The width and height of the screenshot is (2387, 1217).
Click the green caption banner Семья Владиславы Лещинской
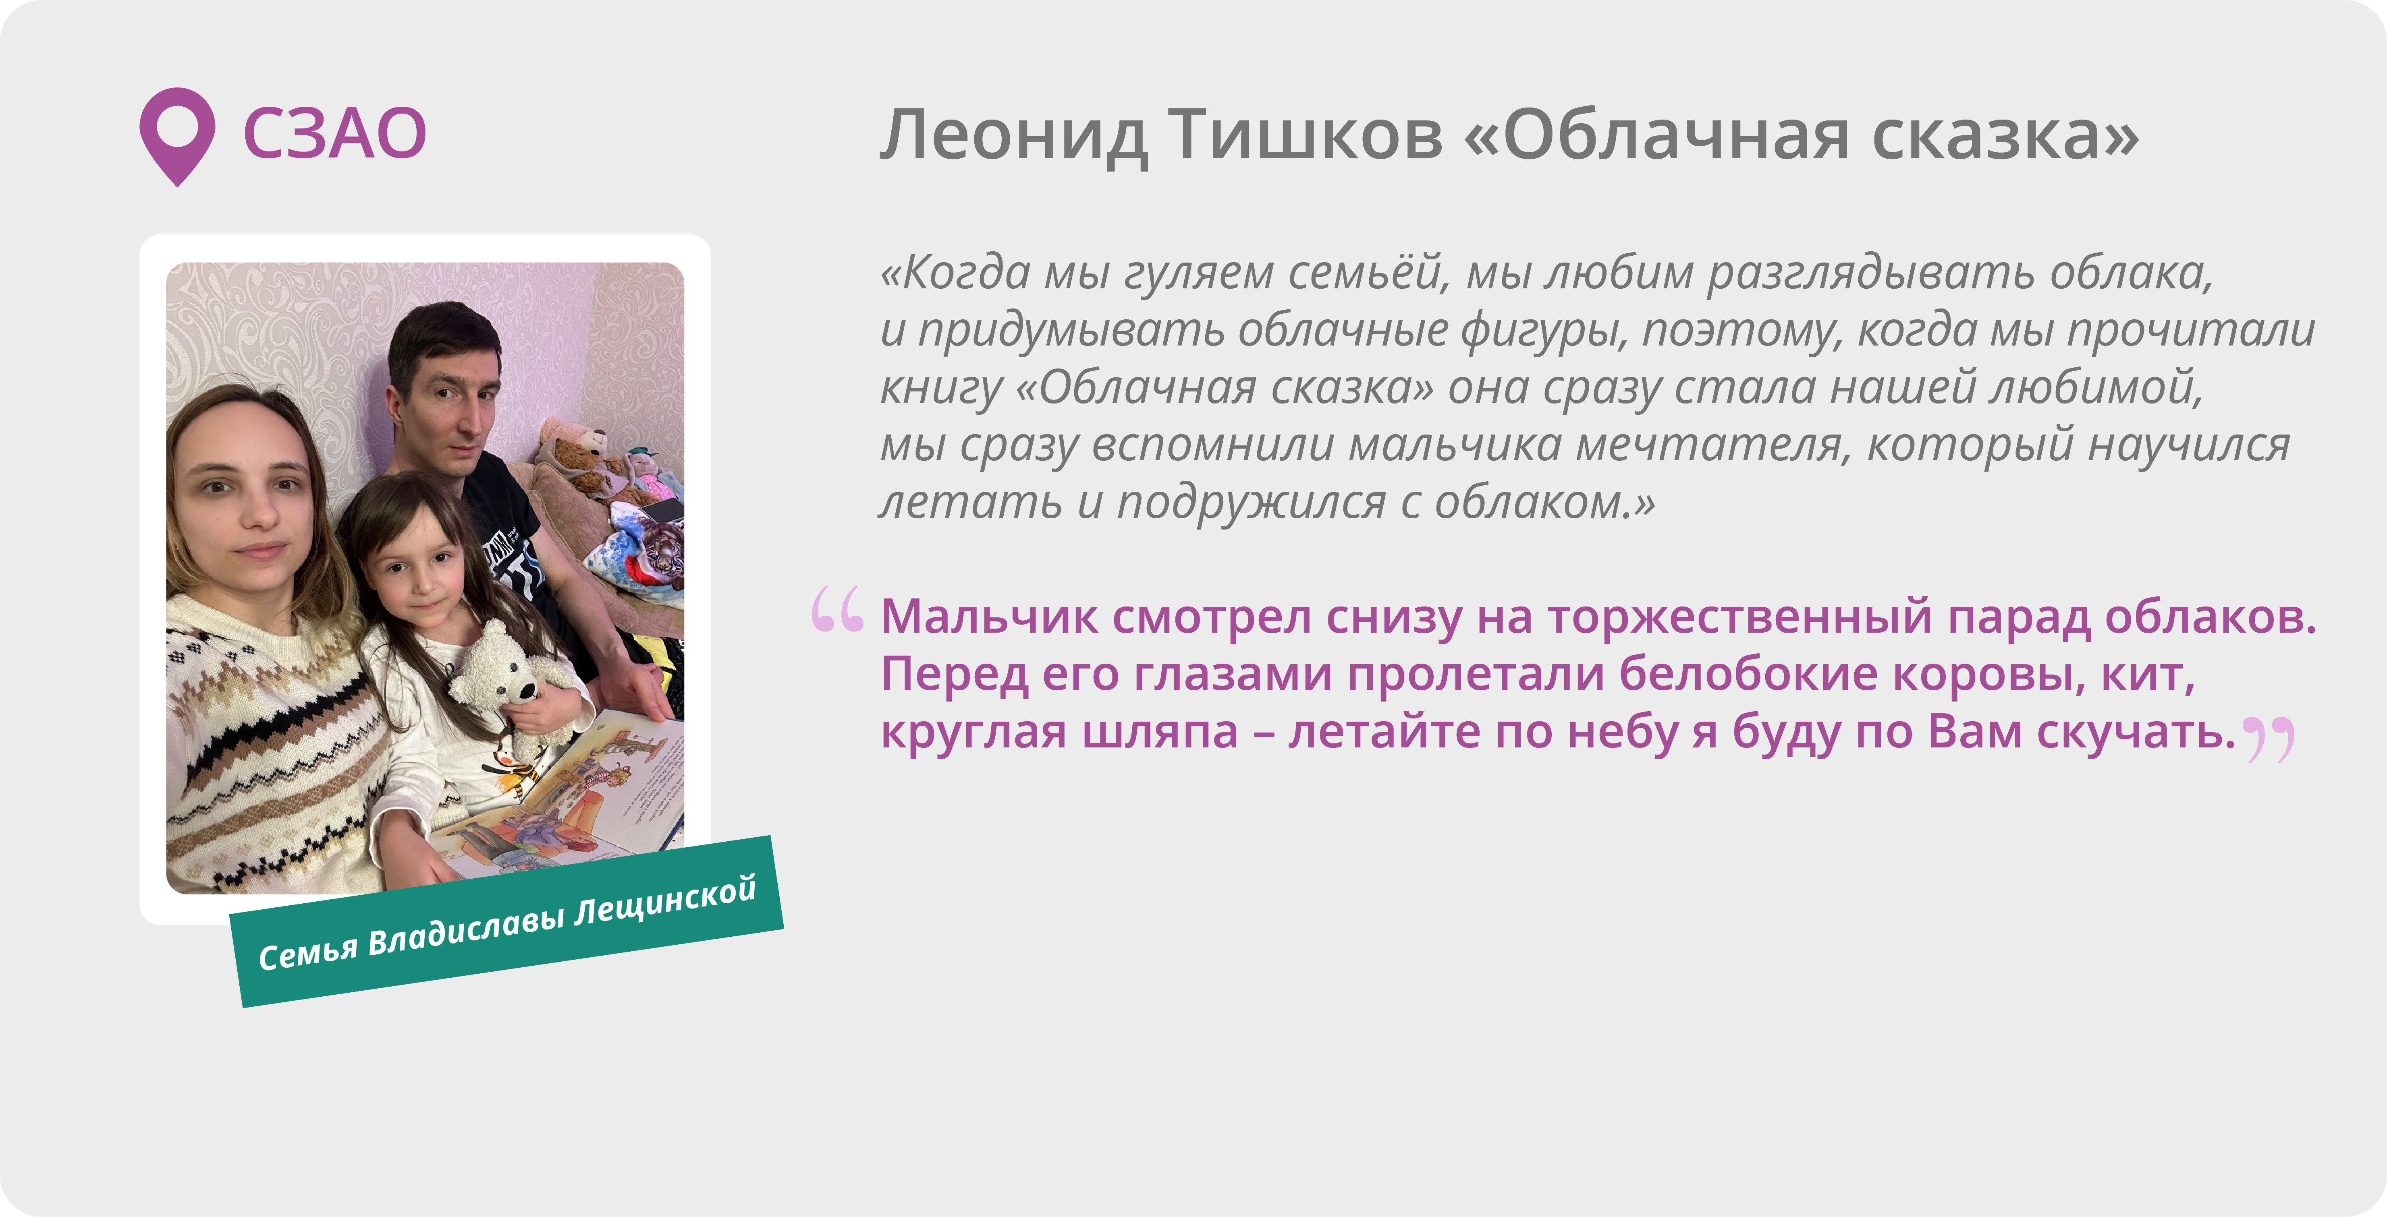(x=507, y=921)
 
